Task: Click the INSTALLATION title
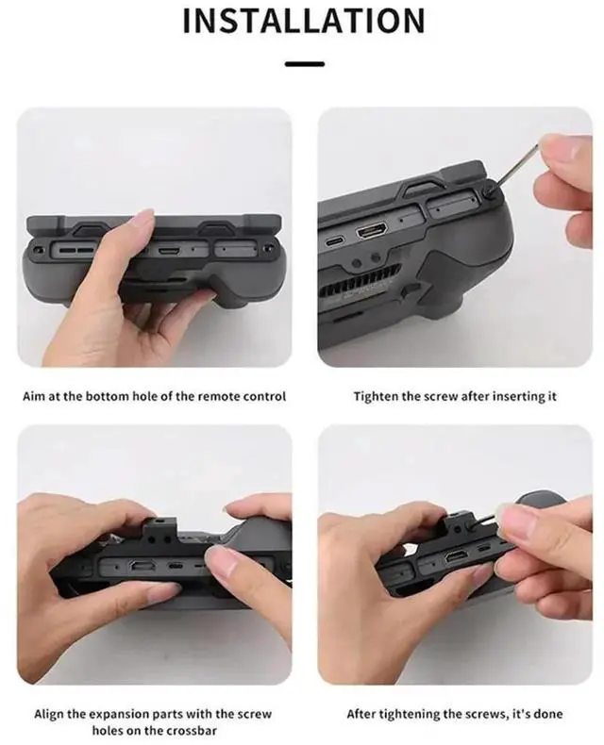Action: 303,21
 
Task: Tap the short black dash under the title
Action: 303,64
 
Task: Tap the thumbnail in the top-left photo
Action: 142,219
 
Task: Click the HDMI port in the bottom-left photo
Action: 144,567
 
